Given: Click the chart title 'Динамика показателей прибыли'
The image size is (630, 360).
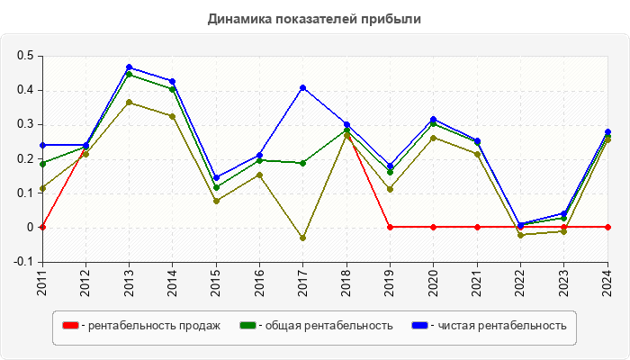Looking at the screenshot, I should tap(314, 18).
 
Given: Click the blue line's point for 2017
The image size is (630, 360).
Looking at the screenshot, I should tap(303, 87).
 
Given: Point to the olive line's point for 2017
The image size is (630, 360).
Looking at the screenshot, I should tap(303, 238).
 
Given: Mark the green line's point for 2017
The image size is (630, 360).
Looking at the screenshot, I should tap(303, 163).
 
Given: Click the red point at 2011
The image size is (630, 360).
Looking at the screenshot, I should tap(42, 227).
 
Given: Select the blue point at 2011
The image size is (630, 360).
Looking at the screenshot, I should tap(42, 145).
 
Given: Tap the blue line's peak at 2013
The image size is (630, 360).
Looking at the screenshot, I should tap(129, 67).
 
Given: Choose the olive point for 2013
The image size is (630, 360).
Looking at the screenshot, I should tap(129, 103).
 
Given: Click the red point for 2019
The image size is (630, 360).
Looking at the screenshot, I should tap(390, 227).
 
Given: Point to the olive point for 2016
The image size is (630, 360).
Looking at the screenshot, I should tap(259, 175).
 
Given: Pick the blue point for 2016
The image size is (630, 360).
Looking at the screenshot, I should tap(259, 156).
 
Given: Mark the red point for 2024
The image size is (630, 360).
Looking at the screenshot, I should tap(607, 227).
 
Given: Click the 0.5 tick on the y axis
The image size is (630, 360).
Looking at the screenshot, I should tap(24, 56).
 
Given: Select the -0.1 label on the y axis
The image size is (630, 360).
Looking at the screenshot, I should tap(22, 261).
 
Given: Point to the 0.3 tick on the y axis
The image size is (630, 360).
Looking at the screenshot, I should tap(24, 124).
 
